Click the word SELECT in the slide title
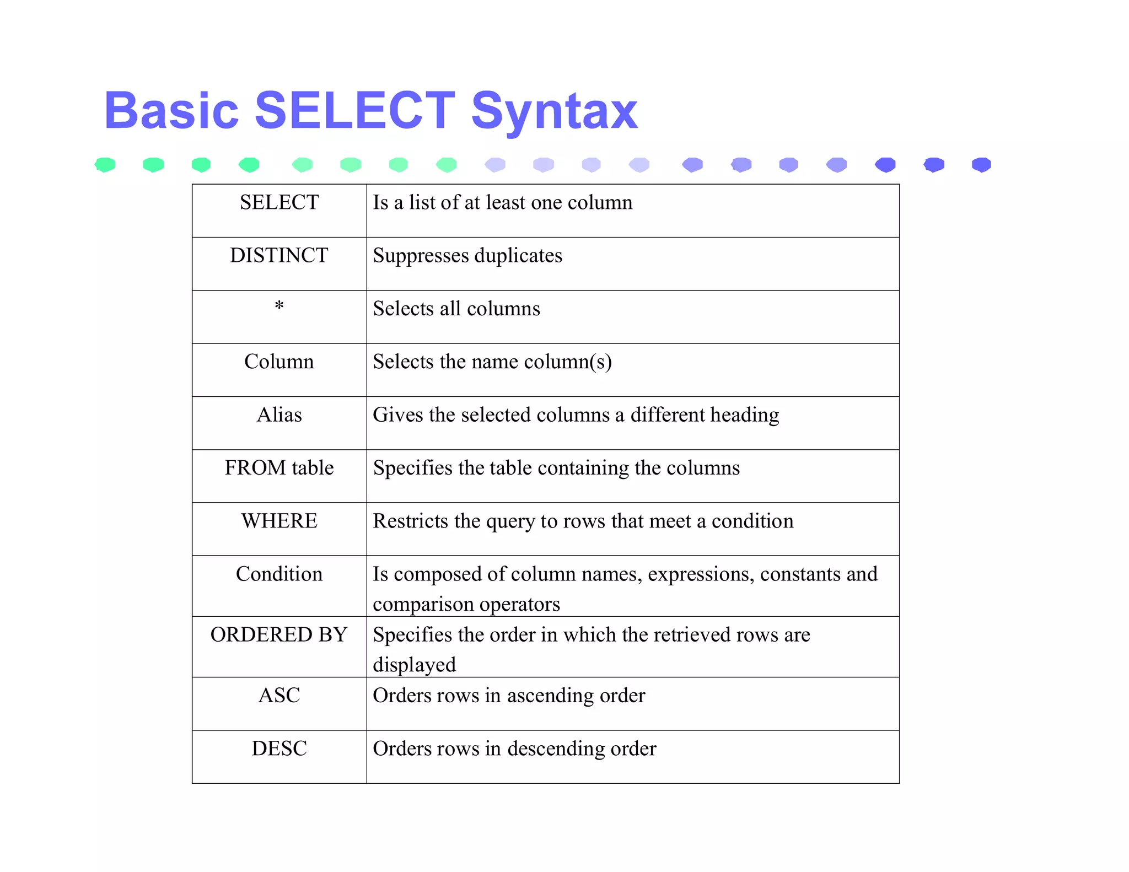(x=354, y=111)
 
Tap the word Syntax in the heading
(x=554, y=113)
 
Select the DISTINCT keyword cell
(x=279, y=256)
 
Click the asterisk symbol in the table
(x=279, y=306)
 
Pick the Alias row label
(x=279, y=415)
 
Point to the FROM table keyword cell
(x=279, y=468)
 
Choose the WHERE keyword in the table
(x=279, y=521)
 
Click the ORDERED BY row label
(x=279, y=635)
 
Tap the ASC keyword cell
(x=279, y=696)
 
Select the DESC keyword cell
(x=279, y=749)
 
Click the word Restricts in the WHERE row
(x=410, y=521)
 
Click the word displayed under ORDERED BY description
(x=414, y=665)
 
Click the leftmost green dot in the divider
(x=105, y=165)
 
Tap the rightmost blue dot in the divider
(x=981, y=165)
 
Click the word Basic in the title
(x=171, y=111)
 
